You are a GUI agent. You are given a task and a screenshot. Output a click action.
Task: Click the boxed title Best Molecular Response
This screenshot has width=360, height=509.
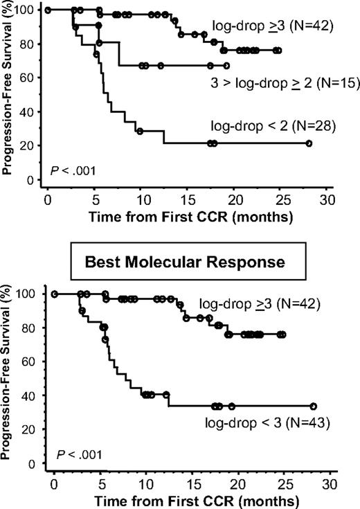[x=179, y=265]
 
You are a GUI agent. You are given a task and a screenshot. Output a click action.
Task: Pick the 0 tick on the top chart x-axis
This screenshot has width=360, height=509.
[x=47, y=199]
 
